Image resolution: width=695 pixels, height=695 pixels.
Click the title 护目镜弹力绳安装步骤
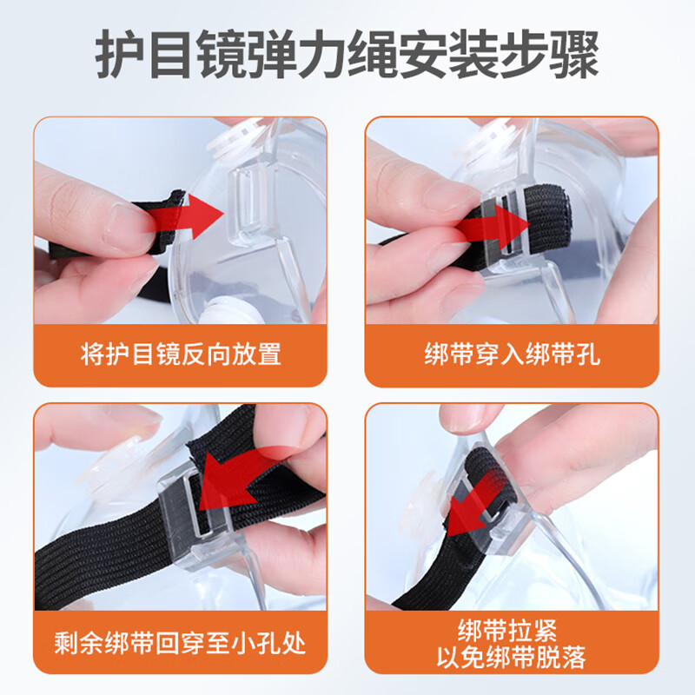(347, 54)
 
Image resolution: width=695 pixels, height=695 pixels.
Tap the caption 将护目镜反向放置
(181, 354)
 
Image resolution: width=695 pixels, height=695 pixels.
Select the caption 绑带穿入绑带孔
(513, 354)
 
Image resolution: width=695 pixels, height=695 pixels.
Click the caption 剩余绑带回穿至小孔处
(181, 643)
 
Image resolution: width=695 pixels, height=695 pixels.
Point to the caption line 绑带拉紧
(513, 628)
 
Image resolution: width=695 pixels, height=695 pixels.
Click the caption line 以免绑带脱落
(513, 658)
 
